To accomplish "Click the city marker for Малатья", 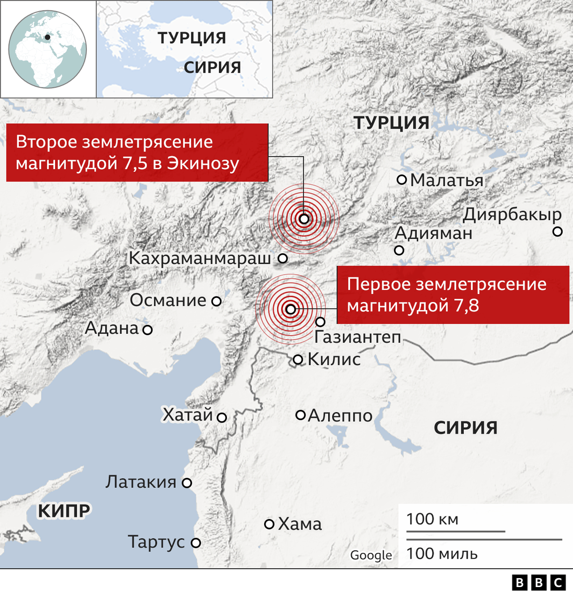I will point(402,180).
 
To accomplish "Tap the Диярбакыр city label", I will point(512,215).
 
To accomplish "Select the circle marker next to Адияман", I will point(399,250).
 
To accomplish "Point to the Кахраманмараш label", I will point(200,258).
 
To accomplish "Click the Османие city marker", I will point(216,300).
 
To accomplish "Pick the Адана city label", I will point(112,328).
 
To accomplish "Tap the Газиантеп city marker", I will point(321,322).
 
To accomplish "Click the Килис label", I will point(334,359).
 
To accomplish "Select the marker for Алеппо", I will point(300,415).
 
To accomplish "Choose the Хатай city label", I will point(188,415).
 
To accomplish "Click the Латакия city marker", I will point(187,482).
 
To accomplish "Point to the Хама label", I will point(300,524).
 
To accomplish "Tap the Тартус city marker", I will point(196,543).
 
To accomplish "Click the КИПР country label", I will point(64,511).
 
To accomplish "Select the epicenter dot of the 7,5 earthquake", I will point(304,219).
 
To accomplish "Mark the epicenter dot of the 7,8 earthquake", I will point(290,309).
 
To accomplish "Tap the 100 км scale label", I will point(432,519).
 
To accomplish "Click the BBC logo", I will point(539,583).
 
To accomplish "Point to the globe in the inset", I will point(48,49).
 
